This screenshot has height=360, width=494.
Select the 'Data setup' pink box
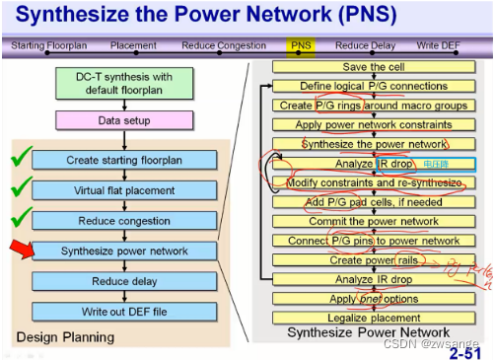(123, 119)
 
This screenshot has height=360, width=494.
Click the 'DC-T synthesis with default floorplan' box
(123, 84)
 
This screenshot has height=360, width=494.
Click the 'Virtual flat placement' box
(123, 190)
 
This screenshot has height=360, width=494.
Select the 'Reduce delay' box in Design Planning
(123, 282)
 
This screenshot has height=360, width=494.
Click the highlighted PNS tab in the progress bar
(301, 45)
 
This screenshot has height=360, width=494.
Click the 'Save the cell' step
(372, 67)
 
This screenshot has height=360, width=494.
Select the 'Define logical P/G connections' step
(372, 87)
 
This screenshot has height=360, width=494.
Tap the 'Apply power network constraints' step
(372, 125)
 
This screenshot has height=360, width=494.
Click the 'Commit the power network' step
(372, 222)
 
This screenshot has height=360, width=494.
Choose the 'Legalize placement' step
(372, 317)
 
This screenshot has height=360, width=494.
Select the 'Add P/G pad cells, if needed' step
(372, 202)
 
